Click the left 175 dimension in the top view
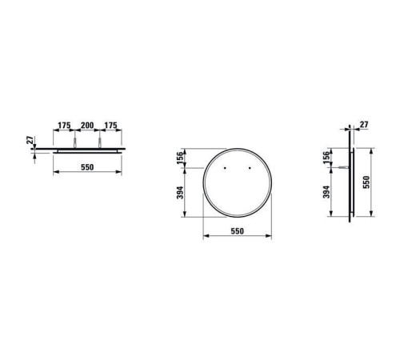coord(65,125)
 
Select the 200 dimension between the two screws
coord(87,125)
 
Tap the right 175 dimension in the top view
coord(110,125)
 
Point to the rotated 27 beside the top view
coord(30,140)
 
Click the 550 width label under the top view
coord(87,167)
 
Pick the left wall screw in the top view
coord(75,142)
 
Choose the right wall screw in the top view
coord(100,142)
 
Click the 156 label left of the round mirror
coord(181,158)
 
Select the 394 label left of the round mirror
coord(181,192)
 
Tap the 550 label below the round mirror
coord(237,231)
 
